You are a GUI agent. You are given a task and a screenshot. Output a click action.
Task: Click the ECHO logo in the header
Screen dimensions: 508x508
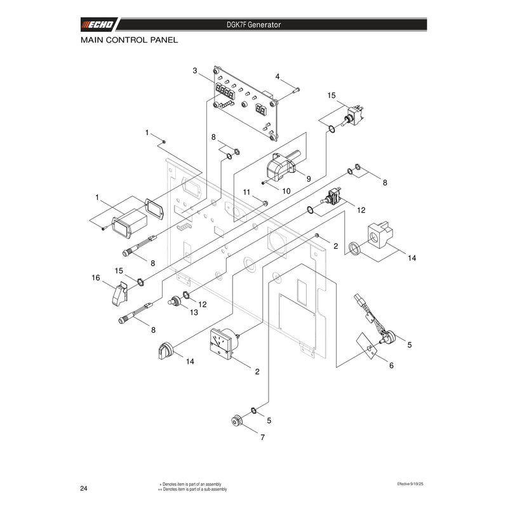[98, 25]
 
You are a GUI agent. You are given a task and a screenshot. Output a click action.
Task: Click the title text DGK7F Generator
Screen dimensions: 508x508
[253, 25]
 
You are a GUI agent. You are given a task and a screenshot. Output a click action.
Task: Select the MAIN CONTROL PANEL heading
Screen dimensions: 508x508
[130, 40]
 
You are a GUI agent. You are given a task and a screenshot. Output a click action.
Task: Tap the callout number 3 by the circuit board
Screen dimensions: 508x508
[195, 70]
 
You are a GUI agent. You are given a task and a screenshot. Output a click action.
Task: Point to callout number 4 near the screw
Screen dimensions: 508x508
[277, 76]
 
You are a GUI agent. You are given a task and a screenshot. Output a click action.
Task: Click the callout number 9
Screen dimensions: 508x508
[309, 179]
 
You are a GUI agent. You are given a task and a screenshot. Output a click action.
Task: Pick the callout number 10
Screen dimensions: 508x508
[286, 191]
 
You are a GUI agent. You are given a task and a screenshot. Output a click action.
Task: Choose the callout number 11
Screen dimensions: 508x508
[246, 192]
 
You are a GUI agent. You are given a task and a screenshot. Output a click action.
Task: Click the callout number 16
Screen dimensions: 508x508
[96, 278]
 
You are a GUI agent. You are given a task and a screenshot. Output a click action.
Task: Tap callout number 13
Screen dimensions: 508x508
[194, 312]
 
